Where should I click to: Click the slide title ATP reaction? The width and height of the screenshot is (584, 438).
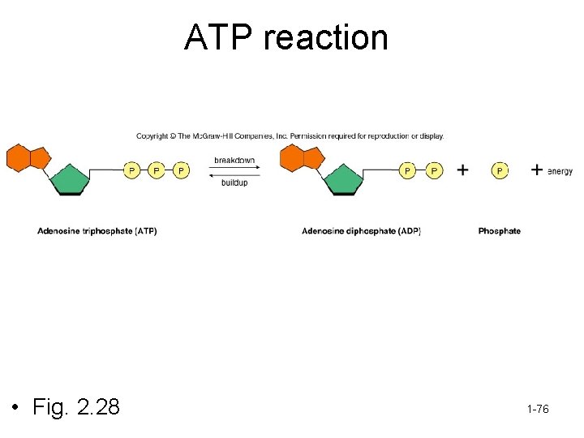pos(286,37)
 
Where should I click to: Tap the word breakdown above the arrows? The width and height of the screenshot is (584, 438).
pos(234,160)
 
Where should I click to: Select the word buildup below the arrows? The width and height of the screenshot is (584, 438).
pos(234,182)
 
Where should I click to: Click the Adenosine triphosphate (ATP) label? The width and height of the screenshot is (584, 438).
pos(97,231)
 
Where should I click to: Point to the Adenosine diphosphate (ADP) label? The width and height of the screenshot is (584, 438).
pos(361,231)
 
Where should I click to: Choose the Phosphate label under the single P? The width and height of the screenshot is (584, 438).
pos(500,231)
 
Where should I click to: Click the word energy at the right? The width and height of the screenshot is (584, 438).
pos(560,171)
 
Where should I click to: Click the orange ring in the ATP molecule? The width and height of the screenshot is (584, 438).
pos(26,157)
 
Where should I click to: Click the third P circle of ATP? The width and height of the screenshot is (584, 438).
pos(181,170)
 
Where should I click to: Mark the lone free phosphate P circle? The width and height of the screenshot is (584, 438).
pos(500,170)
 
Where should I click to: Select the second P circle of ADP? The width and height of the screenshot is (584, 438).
pos(435,170)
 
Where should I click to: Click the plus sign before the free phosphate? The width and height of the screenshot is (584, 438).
pos(462,170)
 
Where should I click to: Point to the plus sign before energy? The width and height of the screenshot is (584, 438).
pos(537,170)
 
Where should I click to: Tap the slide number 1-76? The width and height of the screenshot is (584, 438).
pos(537,410)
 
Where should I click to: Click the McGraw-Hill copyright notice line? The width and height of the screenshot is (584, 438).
pos(290,135)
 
